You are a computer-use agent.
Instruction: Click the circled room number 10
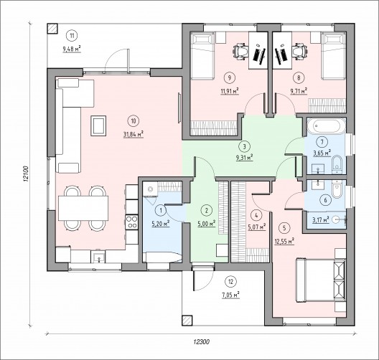point(134,121)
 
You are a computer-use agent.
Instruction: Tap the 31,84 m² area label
point(134,134)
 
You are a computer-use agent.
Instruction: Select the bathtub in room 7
point(327,125)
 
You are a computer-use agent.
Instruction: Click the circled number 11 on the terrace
point(72,36)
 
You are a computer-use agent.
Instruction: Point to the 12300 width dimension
point(201,341)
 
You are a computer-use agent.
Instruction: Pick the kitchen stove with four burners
point(132,222)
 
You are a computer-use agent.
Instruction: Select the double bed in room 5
point(321,280)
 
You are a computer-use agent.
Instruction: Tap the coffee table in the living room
point(98,125)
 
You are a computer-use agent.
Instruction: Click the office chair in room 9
point(240,51)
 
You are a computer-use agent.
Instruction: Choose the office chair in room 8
point(300,51)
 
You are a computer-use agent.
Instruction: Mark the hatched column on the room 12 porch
point(187,321)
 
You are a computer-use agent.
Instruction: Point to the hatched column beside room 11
point(52,29)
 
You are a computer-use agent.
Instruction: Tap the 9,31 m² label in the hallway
point(244,158)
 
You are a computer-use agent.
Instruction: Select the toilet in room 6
point(337,189)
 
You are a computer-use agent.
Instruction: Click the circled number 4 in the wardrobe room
point(256,216)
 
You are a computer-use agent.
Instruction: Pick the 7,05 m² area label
point(231,295)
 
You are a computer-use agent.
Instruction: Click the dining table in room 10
point(83,208)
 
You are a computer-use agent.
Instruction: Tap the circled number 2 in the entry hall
point(206,210)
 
